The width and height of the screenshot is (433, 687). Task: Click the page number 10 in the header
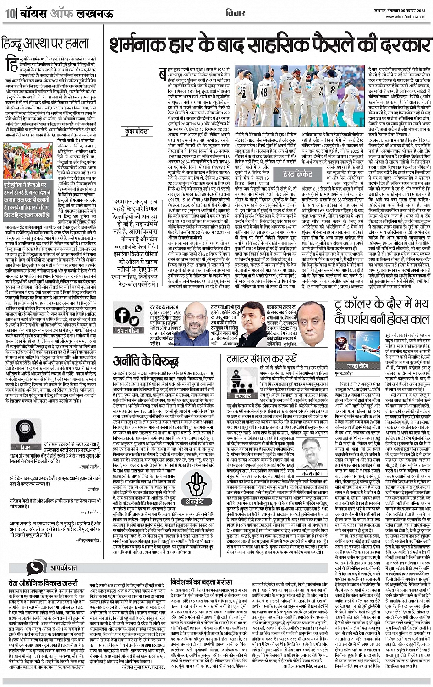pos(10,14)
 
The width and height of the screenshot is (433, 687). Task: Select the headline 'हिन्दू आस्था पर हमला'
pos(45,44)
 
